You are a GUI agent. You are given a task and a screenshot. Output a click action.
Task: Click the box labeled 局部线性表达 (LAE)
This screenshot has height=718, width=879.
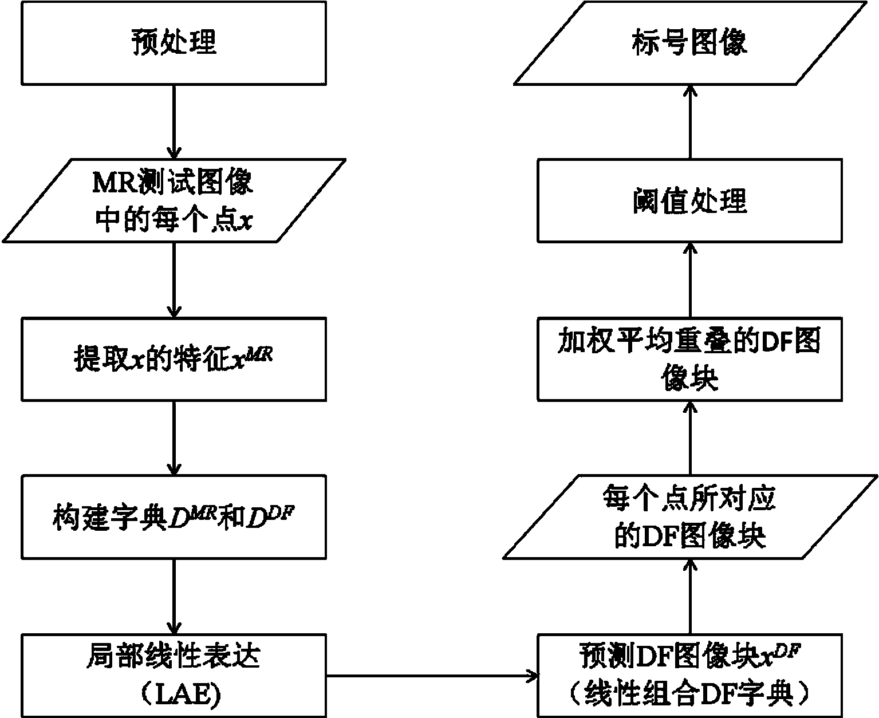click(174, 674)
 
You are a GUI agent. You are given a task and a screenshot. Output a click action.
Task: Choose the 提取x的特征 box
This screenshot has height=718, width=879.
click(174, 360)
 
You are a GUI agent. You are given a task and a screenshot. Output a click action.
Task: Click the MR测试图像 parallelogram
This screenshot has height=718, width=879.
click(174, 200)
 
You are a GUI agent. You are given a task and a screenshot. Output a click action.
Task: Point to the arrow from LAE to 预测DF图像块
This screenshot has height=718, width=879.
click(432, 677)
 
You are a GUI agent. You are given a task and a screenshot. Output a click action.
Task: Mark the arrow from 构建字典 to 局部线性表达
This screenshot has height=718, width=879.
click(174, 595)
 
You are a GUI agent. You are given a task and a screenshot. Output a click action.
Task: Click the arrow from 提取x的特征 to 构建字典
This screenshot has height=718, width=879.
click(174, 437)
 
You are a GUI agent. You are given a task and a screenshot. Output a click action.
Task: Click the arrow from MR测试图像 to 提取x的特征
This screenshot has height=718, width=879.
click(174, 279)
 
